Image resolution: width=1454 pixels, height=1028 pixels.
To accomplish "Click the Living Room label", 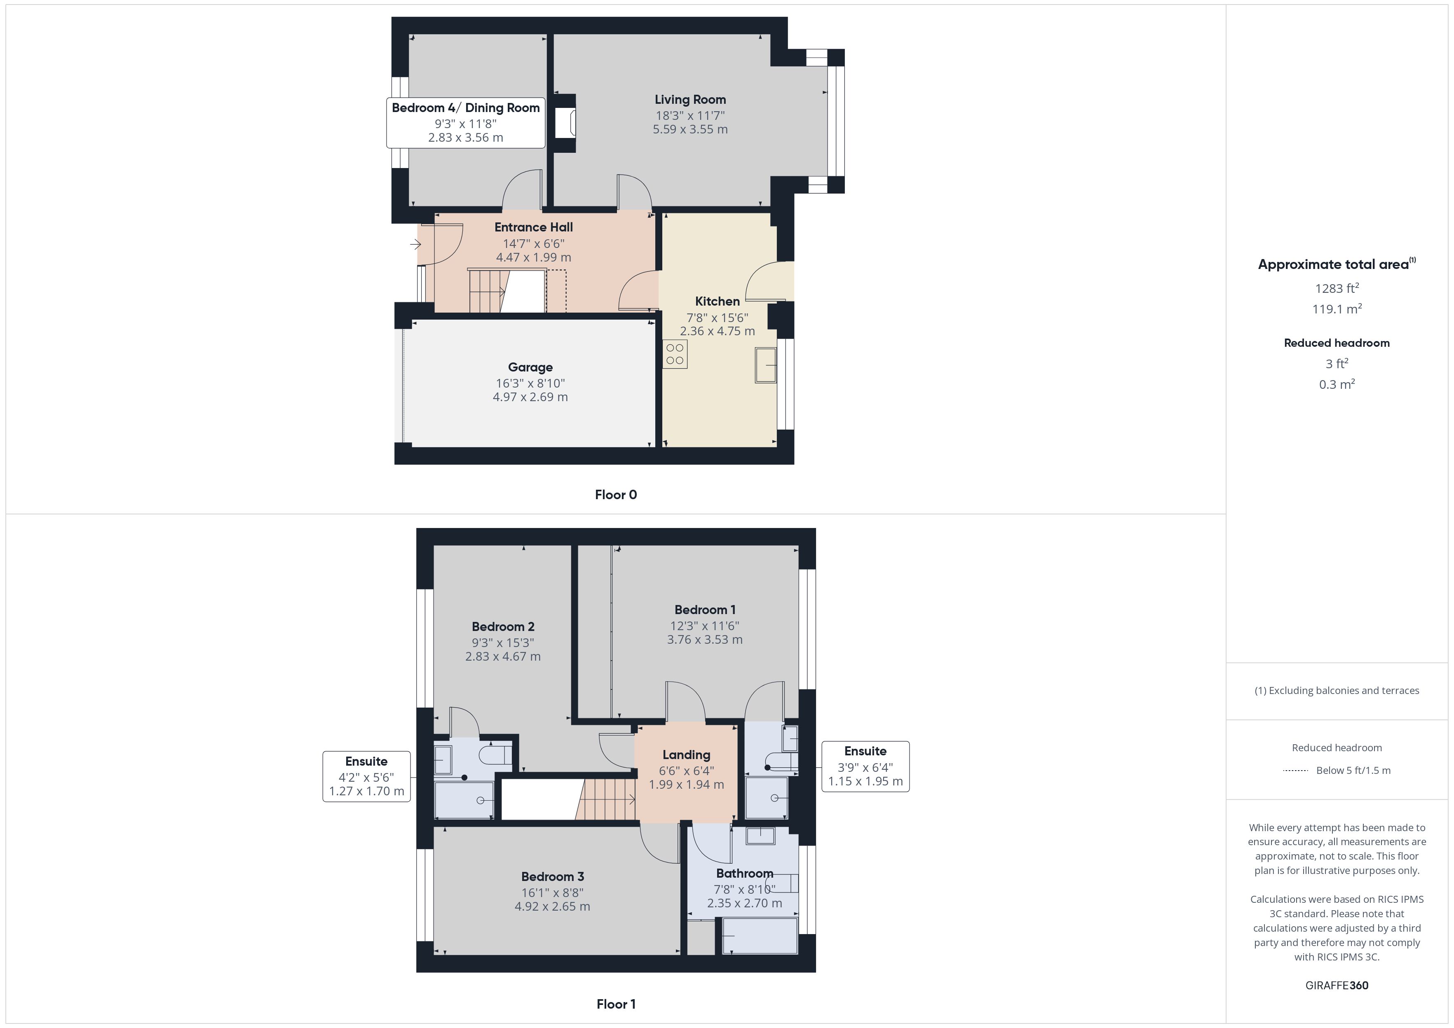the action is coord(690,99).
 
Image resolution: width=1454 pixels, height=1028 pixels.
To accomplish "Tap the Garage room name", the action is coord(530,367).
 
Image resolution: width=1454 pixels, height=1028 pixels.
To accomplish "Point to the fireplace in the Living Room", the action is coord(565,124).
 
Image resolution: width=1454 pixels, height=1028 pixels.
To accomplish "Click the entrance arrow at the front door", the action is coord(415,244).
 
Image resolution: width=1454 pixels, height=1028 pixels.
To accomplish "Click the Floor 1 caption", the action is coord(616,1004).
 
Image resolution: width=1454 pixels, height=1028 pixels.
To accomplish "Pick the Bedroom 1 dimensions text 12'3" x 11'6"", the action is coord(705,626).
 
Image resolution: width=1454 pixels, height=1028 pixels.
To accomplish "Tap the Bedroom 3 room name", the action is coord(552,877).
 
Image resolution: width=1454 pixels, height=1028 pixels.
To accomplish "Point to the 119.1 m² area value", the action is coord(1337,309).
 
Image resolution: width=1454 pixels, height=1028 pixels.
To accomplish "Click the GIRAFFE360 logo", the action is coord(1337,986).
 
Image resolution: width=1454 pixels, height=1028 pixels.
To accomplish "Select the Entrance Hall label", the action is coord(533,227).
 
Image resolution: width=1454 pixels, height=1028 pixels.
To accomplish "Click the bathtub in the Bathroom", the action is coord(760,936).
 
